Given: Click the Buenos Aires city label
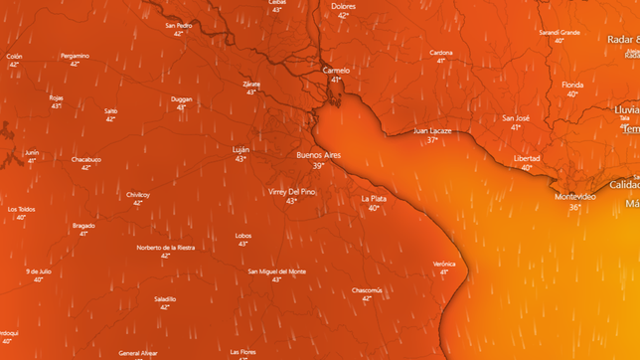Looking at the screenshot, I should pos(318,155).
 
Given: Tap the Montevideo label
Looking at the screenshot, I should pos(575,197).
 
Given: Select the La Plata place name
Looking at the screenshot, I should pos(374,199).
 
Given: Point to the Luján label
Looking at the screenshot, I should pos(240,150).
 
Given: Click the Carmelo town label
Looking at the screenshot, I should pos(336,71).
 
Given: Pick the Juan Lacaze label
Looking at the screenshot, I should pos(432,131).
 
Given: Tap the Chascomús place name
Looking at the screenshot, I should pos(367,290).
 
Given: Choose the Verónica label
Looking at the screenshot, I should pos(444,264).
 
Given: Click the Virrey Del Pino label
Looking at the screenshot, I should pos(291,191).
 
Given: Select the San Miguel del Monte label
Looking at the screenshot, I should pos(276,271).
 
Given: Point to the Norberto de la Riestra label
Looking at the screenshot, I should pos(165,248).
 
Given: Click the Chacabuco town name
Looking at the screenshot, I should pos(86,159).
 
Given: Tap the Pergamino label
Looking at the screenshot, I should pos(75,56).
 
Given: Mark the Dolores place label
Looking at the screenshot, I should pos(343,6).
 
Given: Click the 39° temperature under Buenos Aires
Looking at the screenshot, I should pos(318,165).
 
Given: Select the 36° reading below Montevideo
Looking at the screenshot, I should pos(574,207).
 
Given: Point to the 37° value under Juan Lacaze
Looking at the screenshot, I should pos(432,140).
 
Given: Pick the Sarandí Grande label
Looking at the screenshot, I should pos(560,32).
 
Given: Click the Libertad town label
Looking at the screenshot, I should pos(527,159).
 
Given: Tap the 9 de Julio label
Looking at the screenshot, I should pos(39,270).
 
